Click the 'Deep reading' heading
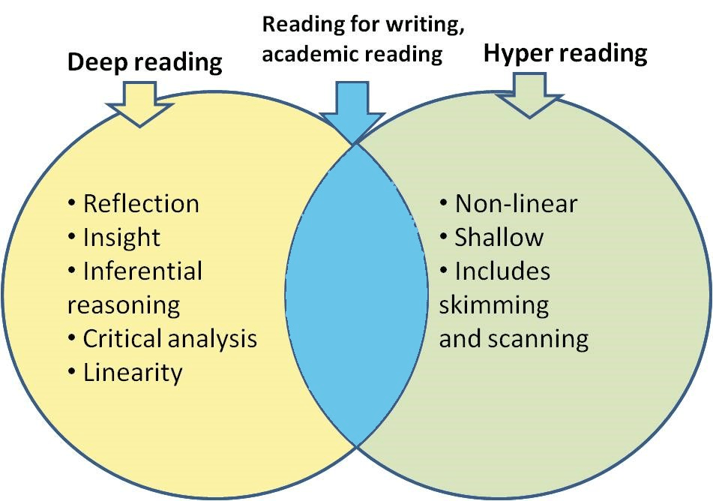coord(145,61)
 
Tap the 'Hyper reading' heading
coord(565,53)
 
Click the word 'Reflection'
coord(141,203)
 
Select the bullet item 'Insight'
coord(121,237)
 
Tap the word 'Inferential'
coord(142,271)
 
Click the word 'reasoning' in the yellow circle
coord(124,304)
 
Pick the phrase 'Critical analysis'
coord(169,338)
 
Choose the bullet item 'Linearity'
coord(133,372)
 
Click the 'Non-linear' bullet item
coord(516,203)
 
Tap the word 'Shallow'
coord(499,237)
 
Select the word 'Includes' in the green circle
coord(502,271)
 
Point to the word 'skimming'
coord(493,304)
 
